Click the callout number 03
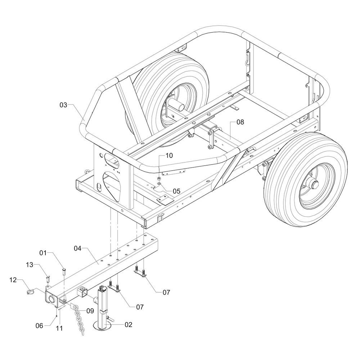[63, 105]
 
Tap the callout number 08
[240, 122]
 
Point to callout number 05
[176, 191]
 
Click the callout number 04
[78, 248]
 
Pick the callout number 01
[43, 253]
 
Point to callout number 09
[90, 310]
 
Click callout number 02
[129, 324]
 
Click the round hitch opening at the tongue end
[52, 298]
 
